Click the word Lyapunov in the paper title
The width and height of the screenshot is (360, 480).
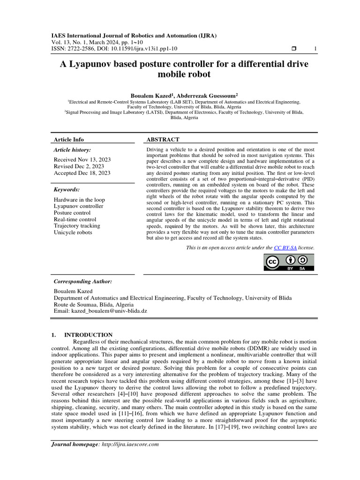pos(93,63)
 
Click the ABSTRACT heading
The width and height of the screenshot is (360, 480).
pos(163,139)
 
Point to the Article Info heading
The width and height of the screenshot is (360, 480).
pos(69,139)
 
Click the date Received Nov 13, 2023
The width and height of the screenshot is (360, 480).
pos(82,159)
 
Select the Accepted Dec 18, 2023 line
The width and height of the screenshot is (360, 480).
pos(82,172)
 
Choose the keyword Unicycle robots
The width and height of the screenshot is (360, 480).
pos(73,232)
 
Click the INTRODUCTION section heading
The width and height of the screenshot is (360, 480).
pos(88,335)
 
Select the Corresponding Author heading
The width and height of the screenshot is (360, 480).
pos(83,281)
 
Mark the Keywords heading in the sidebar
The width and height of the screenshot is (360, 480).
pos(67,189)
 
